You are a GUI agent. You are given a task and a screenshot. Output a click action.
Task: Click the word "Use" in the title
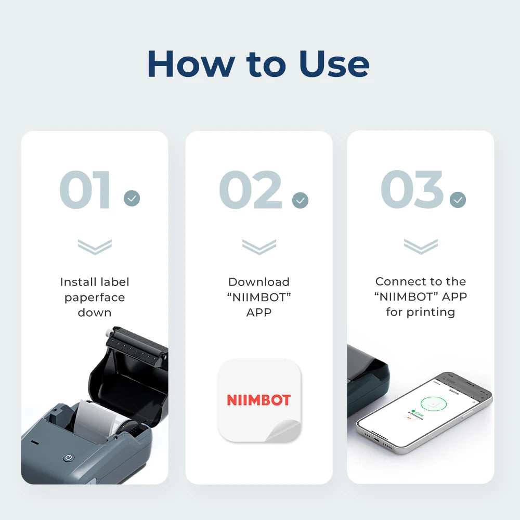334,63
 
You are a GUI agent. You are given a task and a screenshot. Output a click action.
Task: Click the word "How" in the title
190,63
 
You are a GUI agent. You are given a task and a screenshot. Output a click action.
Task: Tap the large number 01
86,190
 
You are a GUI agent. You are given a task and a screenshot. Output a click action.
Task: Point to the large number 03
412,190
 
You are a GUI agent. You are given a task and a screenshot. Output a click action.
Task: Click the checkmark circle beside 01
132,198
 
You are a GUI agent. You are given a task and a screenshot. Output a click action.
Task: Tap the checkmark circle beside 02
300,200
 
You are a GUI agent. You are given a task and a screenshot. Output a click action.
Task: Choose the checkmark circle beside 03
458,200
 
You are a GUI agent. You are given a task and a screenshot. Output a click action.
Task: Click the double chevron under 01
94,246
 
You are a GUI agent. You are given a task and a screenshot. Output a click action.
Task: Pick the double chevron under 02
258,246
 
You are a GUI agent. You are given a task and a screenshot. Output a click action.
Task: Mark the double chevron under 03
420,246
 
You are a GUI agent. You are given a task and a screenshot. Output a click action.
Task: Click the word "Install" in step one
79,282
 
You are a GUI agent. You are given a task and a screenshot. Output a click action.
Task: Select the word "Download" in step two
258,282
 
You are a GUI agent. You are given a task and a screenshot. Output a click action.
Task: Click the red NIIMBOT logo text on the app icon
258,400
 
